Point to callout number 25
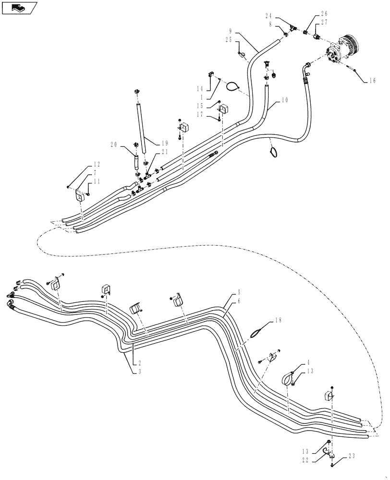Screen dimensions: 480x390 coord(230,40)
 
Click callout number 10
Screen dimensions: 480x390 coord(285,100)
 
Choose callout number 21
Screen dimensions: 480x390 coord(165,152)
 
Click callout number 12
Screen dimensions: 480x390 coord(96,164)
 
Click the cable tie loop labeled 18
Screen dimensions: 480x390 coord(258,332)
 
